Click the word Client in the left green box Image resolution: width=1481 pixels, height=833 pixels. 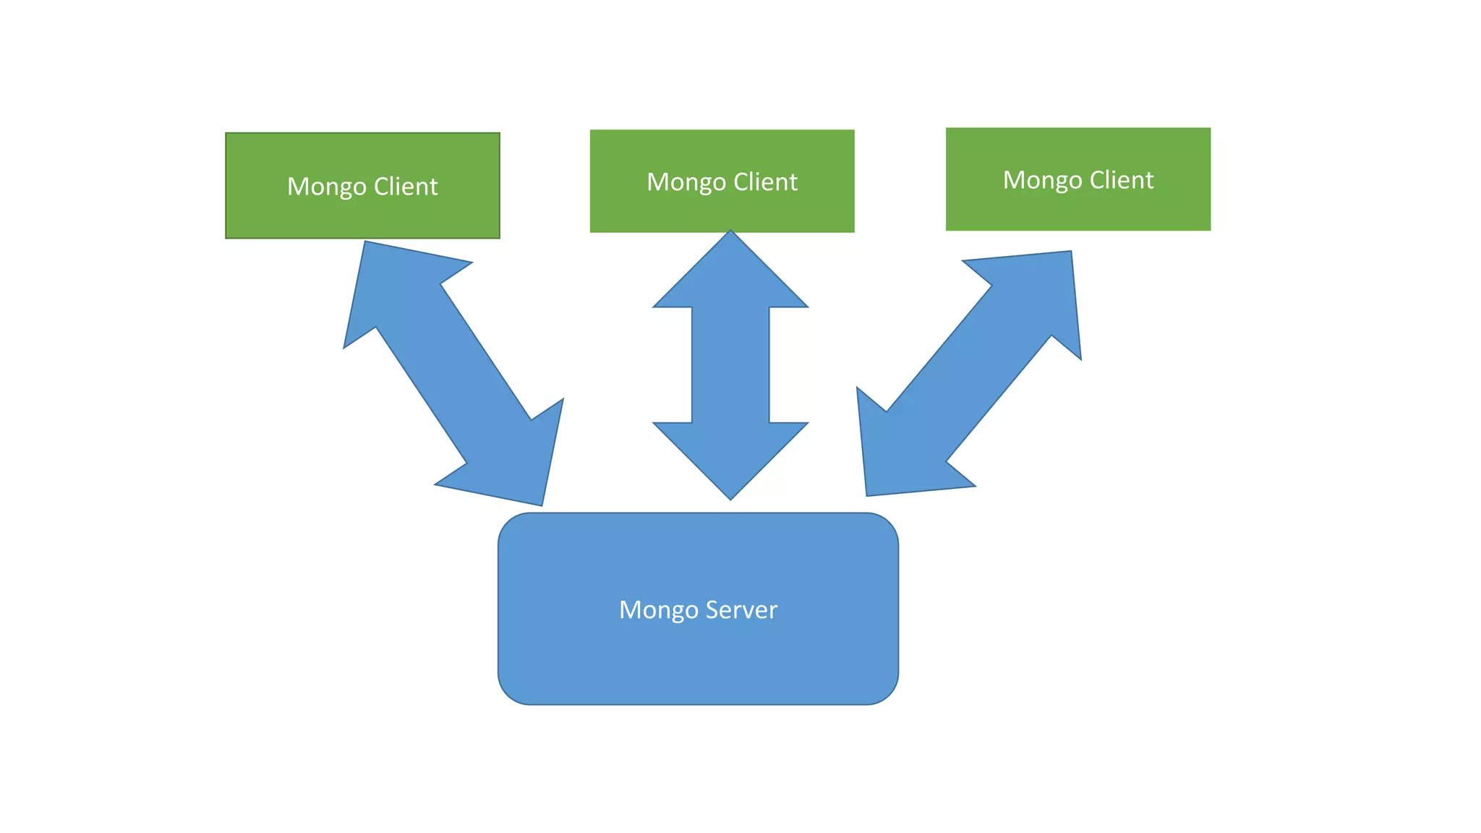tap(406, 187)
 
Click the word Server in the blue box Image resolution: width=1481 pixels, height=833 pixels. tap(741, 610)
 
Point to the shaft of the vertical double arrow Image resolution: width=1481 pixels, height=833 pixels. tap(730, 365)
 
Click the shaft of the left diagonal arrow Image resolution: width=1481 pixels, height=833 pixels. tap(453, 373)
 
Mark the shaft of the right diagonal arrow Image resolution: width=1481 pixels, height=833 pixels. tap(969, 372)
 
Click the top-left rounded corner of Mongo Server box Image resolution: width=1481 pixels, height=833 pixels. tap(509, 525)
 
